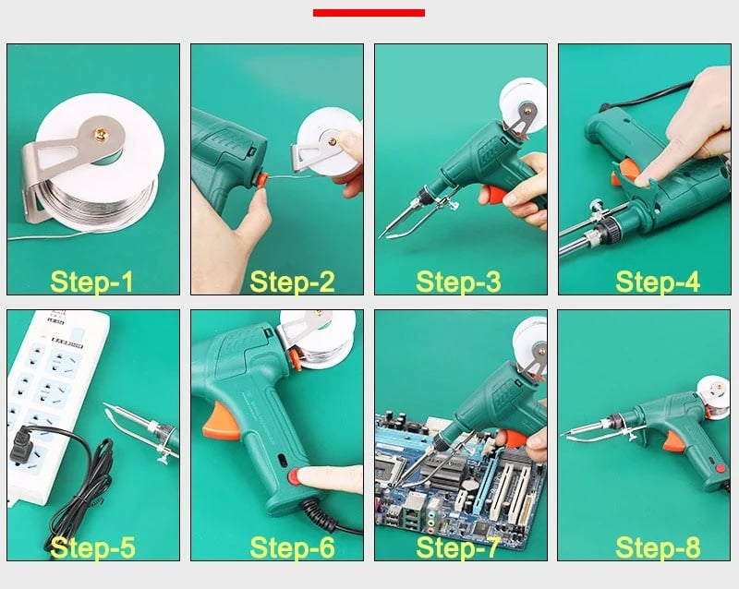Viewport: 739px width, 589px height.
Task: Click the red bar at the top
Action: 369,13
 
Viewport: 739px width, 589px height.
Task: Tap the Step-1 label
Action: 91,282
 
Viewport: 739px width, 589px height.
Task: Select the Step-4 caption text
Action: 658,282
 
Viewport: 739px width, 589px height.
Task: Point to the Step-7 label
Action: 457,547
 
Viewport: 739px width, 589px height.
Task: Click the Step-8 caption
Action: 658,547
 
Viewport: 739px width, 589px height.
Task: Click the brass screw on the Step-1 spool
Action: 102,132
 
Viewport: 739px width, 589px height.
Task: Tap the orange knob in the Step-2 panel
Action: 260,180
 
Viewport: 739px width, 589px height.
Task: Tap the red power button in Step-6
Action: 294,477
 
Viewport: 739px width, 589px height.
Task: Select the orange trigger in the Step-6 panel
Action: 221,423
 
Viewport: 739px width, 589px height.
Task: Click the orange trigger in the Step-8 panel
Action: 673,442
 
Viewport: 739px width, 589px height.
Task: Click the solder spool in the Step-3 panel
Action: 523,107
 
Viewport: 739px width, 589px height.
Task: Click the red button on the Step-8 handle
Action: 720,468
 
